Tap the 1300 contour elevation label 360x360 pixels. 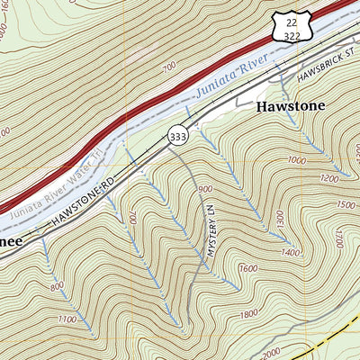(x=280, y=218)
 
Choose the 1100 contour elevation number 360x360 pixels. (x=65, y=319)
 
